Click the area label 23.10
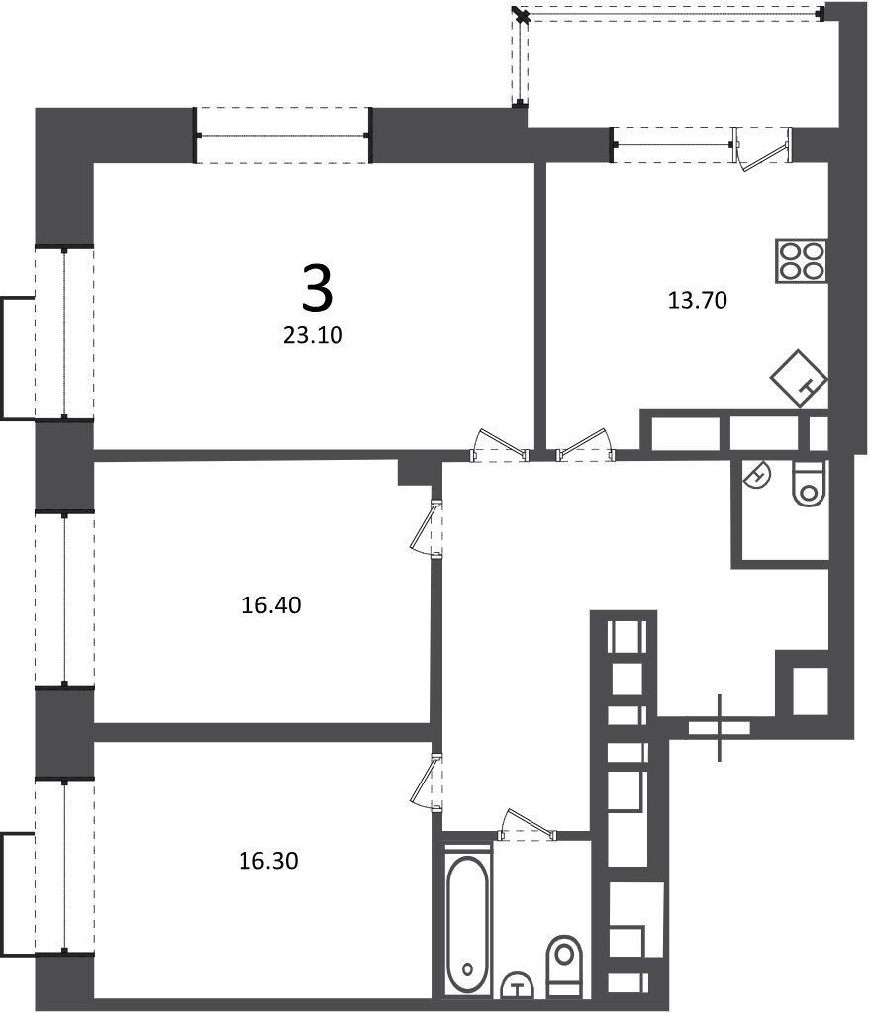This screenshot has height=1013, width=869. (x=313, y=335)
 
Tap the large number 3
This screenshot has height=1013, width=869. (x=317, y=290)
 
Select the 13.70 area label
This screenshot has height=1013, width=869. (x=697, y=300)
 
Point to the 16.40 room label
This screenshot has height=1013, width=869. (x=271, y=605)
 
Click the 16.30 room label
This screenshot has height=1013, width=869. (x=269, y=861)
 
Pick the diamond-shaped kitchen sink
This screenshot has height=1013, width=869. (x=799, y=379)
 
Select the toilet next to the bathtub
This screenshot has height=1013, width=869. (x=564, y=965)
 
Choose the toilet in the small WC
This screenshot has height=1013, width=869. (x=810, y=484)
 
